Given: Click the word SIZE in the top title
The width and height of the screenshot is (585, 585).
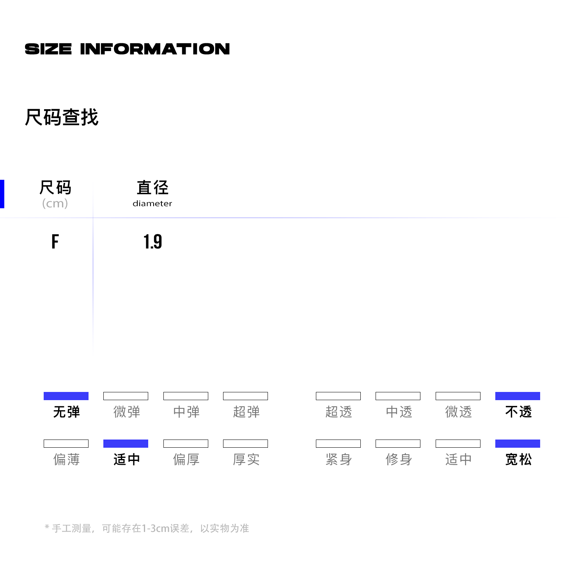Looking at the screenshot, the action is click(x=48, y=49).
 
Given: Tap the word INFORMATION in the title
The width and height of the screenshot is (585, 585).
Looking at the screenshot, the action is click(x=155, y=49).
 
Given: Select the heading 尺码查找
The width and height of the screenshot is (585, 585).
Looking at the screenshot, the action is click(x=62, y=117).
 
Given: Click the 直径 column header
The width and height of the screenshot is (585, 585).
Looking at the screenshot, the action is click(x=152, y=188).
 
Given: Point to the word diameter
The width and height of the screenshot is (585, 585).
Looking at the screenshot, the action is click(x=152, y=204).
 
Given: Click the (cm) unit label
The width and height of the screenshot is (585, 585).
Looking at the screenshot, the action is click(x=55, y=204).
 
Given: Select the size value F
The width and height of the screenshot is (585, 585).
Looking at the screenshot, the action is click(x=55, y=241).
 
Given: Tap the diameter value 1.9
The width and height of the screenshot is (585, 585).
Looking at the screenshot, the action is click(x=152, y=241).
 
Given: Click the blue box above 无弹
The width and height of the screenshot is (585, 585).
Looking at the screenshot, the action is click(x=66, y=396).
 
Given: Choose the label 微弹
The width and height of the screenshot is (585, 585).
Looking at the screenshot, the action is click(x=126, y=412).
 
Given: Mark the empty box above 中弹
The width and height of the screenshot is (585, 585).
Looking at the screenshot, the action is click(x=186, y=396).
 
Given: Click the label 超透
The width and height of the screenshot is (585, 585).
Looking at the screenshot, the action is click(x=339, y=412).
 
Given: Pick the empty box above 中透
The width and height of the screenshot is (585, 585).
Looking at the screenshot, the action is click(x=398, y=396).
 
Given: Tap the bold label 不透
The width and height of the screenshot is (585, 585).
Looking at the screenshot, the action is click(x=518, y=412).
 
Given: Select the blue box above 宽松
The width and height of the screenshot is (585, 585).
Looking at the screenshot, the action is click(x=518, y=443).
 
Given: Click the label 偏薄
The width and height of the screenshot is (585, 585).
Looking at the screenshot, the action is click(x=66, y=459).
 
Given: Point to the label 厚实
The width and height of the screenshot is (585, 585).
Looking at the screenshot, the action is click(x=246, y=459).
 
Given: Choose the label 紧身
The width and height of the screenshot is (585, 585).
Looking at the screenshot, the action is click(x=339, y=459).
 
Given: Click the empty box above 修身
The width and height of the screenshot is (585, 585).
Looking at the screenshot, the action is click(x=398, y=443).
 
